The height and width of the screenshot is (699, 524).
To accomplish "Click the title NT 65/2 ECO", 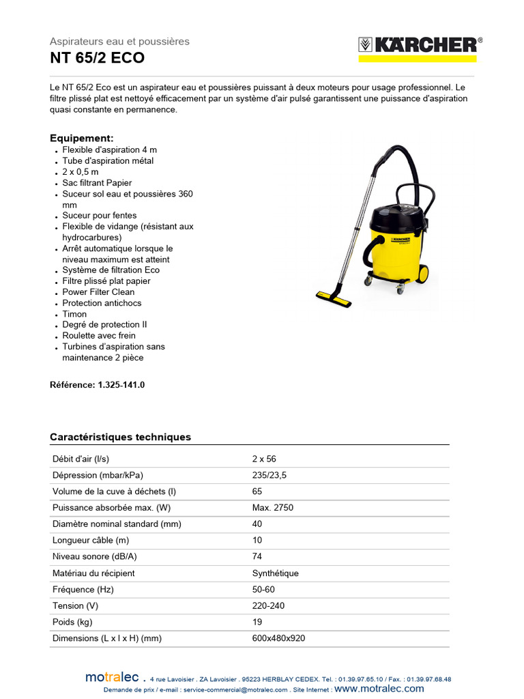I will coord(97,58).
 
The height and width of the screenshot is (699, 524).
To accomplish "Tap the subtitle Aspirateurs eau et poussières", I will coord(119,42).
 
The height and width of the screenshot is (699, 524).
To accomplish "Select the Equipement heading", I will coord(81,138).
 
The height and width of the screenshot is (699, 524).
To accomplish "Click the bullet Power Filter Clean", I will coord(98,292).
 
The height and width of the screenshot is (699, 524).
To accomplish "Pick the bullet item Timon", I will coord(74,314).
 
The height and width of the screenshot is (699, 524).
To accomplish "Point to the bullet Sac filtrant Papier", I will coord(97,183).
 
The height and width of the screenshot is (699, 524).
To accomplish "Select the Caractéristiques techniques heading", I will coord(120,437).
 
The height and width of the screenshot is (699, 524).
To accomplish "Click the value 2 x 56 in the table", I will coord(264,459).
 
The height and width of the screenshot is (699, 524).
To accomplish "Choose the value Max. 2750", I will coord(273,508).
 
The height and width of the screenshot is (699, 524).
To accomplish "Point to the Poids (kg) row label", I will coord(72,622).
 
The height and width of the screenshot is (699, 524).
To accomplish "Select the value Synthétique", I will coord(275,573).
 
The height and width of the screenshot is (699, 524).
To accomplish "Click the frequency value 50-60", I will coord(263,589).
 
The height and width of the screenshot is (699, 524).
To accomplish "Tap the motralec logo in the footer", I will coord(112,677).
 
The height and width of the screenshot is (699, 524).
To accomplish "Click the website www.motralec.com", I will coord(379,689).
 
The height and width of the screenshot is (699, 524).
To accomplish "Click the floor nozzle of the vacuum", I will coord(334,298).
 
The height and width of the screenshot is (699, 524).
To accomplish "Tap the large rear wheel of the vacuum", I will coord(422,274).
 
